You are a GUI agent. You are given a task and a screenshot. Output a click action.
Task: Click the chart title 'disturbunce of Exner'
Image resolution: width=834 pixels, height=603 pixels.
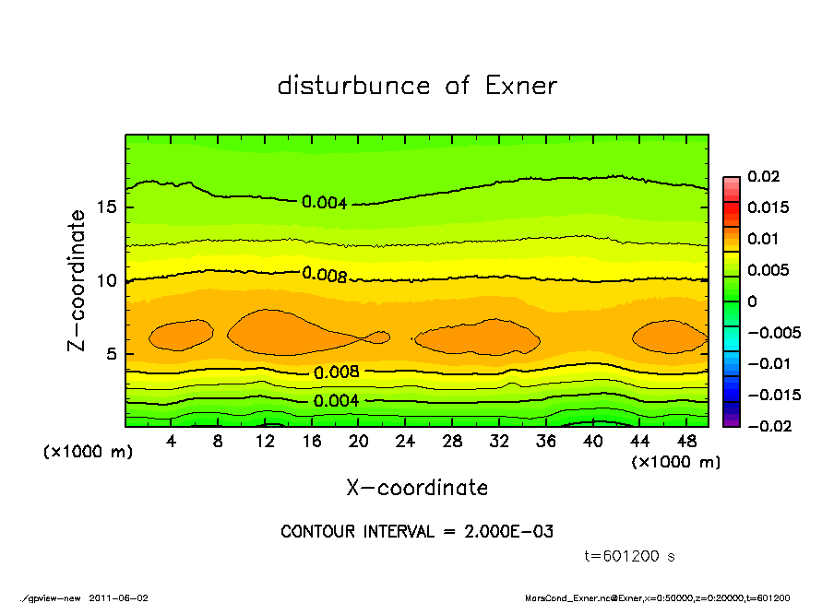coord(417,86)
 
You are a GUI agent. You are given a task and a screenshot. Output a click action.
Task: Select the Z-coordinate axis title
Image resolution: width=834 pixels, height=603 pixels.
coord(77,280)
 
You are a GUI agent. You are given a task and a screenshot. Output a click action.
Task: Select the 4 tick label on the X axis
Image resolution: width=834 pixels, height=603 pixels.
coord(172,442)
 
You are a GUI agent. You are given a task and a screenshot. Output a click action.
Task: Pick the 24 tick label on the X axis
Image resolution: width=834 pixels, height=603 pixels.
coord(405,442)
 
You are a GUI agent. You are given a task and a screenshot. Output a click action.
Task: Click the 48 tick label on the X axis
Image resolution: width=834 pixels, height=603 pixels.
coord(685,442)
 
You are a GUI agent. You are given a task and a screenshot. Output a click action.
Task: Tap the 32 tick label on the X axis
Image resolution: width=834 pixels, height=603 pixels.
coord(498,442)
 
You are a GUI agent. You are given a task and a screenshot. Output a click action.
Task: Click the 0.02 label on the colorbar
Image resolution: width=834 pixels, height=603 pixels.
coord(765,176)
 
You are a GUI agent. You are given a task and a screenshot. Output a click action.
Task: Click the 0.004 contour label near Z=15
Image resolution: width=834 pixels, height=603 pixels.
coord(325,203)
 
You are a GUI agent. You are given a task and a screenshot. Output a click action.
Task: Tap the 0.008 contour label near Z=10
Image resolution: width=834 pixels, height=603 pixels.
coord(325,274)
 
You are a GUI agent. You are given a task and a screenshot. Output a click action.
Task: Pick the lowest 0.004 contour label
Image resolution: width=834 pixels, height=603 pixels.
coord(337,401)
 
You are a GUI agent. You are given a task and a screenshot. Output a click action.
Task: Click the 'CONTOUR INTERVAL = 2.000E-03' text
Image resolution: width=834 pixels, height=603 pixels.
coord(417,532)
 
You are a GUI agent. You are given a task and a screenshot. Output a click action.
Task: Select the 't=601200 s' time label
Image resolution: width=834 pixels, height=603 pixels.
coord(631,556)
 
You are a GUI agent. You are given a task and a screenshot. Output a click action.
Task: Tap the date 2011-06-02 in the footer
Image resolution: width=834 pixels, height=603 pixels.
coord(118,597)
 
